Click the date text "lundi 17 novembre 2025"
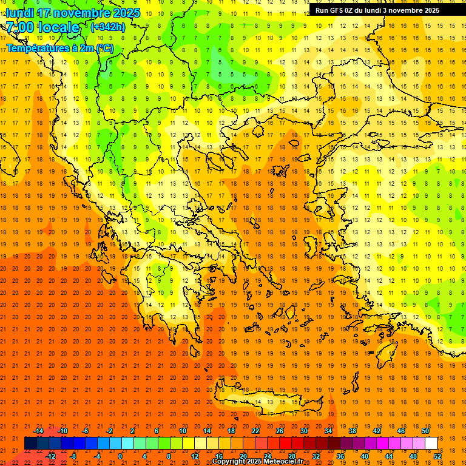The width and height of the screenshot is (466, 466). [x=73, y=13]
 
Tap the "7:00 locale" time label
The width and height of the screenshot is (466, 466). [x=42, y=27]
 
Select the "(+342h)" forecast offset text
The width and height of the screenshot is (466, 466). [x=107, y=27]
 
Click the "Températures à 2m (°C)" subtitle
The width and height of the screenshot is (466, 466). [x=59, y=48]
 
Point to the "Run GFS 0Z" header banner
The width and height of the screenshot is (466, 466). [x=377, y=10]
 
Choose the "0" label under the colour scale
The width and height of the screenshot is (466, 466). [x=120, y=456]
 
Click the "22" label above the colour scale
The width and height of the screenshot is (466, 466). [x=255, y=431]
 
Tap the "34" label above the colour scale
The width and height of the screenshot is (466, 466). [x=328, y=431]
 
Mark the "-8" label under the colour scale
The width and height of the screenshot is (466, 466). [x=73, y=456]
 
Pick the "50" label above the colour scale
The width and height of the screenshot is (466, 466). [x=425, y=431]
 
